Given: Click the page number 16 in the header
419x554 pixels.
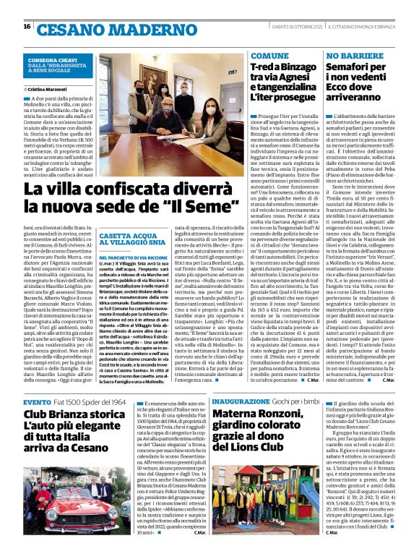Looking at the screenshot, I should [x=27, y=26].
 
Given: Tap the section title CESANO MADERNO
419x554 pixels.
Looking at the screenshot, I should [x=93, y=29].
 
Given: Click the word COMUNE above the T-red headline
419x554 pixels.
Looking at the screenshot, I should [x=269, y=55].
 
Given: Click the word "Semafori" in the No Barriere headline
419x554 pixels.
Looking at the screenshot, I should [x=353, y=68].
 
